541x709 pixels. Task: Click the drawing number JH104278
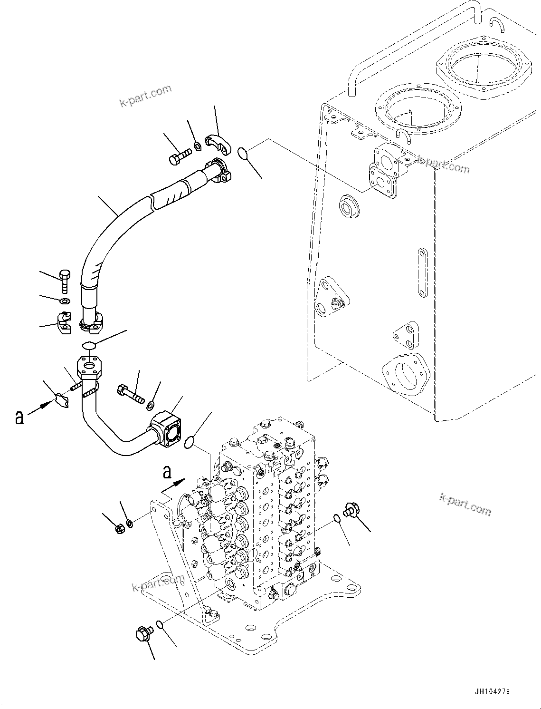[492, 692]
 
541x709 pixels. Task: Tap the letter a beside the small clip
[19, 417]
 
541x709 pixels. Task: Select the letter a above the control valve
[166, 472]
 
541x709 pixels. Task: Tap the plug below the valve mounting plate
[143, 633]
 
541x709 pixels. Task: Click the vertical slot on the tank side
[422, 272]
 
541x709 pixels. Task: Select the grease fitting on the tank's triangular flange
[336, 301]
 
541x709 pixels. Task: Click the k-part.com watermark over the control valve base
[157, 583]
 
